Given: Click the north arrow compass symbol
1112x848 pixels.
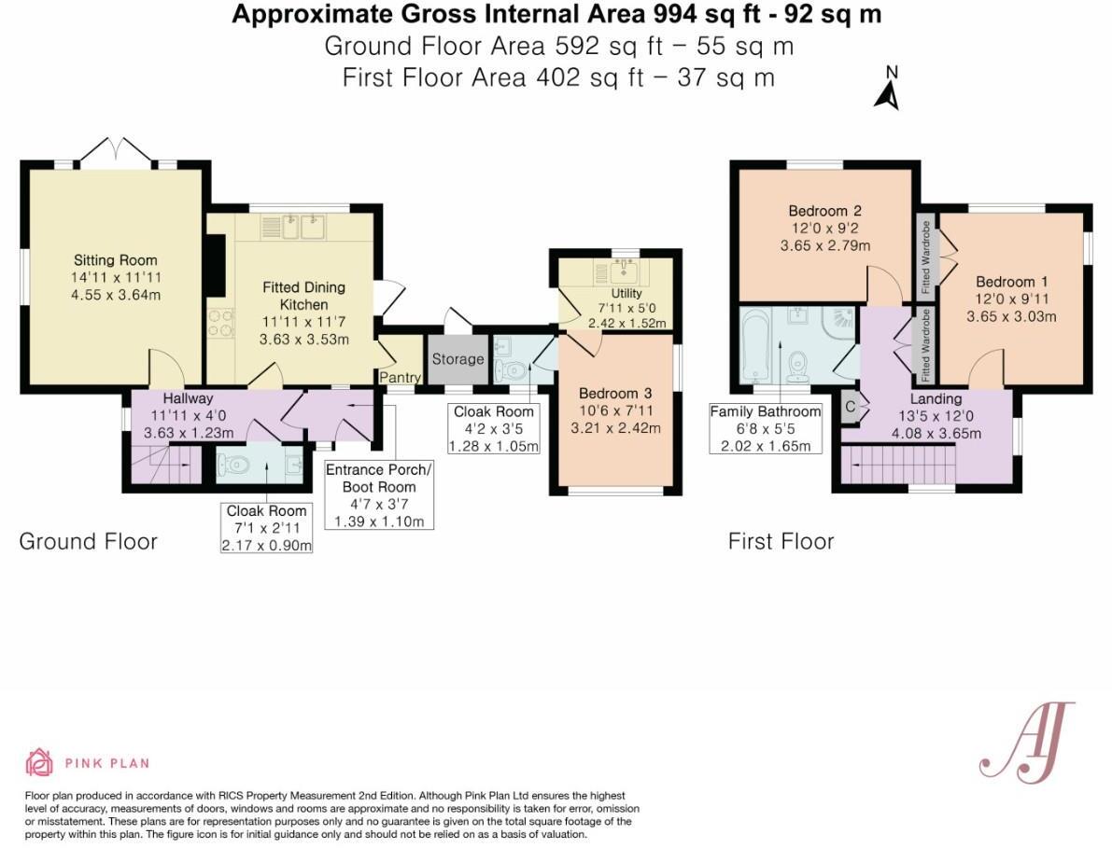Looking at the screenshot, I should (887, 90).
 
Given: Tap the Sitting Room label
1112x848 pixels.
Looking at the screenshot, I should (116, 260).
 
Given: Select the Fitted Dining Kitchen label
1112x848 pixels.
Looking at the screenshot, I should (303, 296).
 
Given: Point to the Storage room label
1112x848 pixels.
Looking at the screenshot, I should (457, 359).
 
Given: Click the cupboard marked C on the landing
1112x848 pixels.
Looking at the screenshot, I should (851, 407).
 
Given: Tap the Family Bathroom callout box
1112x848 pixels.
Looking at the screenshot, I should (766, 428).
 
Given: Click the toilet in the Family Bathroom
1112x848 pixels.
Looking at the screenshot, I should (799, 367).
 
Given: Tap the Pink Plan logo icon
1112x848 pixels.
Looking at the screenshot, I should (39, 762).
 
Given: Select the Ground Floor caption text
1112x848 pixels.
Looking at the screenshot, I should (88, 542).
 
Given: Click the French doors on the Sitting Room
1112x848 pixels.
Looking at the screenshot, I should (116, 151).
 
